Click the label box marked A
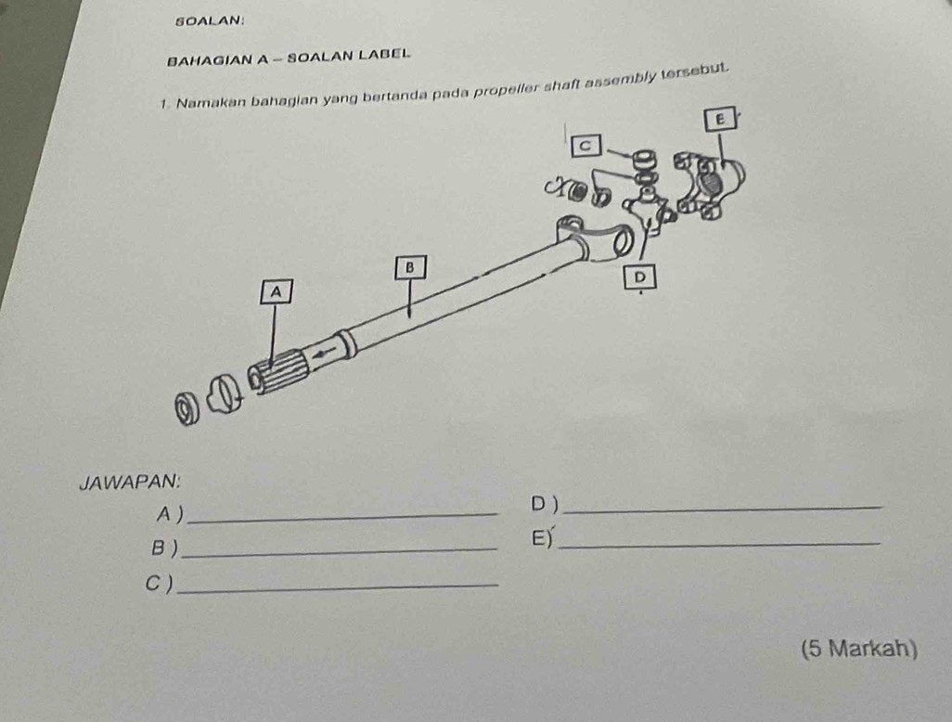[x=277, y=291]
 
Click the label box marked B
[x=410, y=267]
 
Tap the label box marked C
[x=585, y=146]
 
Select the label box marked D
[x=640, y=277]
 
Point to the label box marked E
[x=721, y=119]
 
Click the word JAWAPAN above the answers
[x=129, y=482]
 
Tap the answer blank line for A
[x=341, y=517]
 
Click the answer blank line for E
[x=719, y=544]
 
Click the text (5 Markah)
[x=858, y=649]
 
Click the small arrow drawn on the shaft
[x=324, y=353]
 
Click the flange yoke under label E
[x=709, y=185]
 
